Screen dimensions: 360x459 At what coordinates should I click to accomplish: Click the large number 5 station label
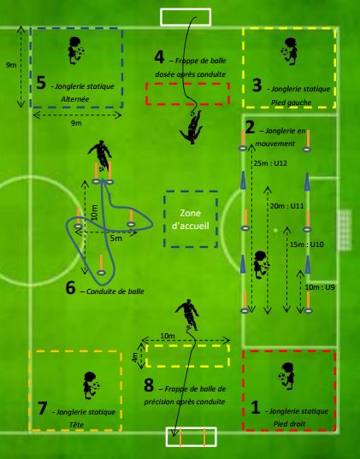pyautogui.click(x=41, y=83)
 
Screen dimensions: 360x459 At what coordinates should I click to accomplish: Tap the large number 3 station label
pyautogui.click(x=257, y=85)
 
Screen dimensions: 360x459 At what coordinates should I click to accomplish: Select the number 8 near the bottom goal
pyautogui.click(x=149, y=385)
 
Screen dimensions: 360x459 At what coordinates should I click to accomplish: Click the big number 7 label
pyautogui.click(x=43, y=408)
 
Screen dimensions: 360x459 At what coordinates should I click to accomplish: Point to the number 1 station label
pyautogui.click(x=256, y=408)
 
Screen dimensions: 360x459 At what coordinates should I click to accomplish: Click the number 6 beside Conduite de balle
pyautogui.click(x=71, y=288)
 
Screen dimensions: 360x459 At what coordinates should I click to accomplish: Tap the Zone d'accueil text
pyautogui.click(x=191, y=220)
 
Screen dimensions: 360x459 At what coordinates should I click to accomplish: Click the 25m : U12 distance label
pyautogui.click(x=270, y=163)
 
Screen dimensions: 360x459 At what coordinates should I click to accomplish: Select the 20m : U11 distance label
pyautogui.click(x=286, y=206)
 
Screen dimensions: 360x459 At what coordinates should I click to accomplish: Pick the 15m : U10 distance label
pyautogui.click(x=307, y=244)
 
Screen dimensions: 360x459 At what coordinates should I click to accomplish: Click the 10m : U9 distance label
pyautogui.click(x=320, y=287)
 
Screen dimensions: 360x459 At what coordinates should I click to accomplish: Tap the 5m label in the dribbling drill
pyautogui.click(x=116, y=238)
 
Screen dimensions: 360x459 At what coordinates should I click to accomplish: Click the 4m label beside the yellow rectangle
pyautogui.click(x=134, y=357)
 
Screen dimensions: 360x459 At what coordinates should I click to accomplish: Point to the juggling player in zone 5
pyautogui.click(x=75, y=50)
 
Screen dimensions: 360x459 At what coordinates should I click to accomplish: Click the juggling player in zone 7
pyautogui.click(x=91, y=385)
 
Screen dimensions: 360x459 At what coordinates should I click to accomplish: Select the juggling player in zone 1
pyautogui.click(x=286, y=376)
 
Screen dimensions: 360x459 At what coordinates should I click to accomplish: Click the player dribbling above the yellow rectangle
pyautogui.click(x=187, y=315)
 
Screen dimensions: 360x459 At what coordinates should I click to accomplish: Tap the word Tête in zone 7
pyautogui.click(x=76, y=425)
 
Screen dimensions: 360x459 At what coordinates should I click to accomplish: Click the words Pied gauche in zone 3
pyautogui.click(x=291, y=103)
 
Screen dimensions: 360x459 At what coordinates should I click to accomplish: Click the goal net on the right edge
pyautogui.click(x=345, y=230)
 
